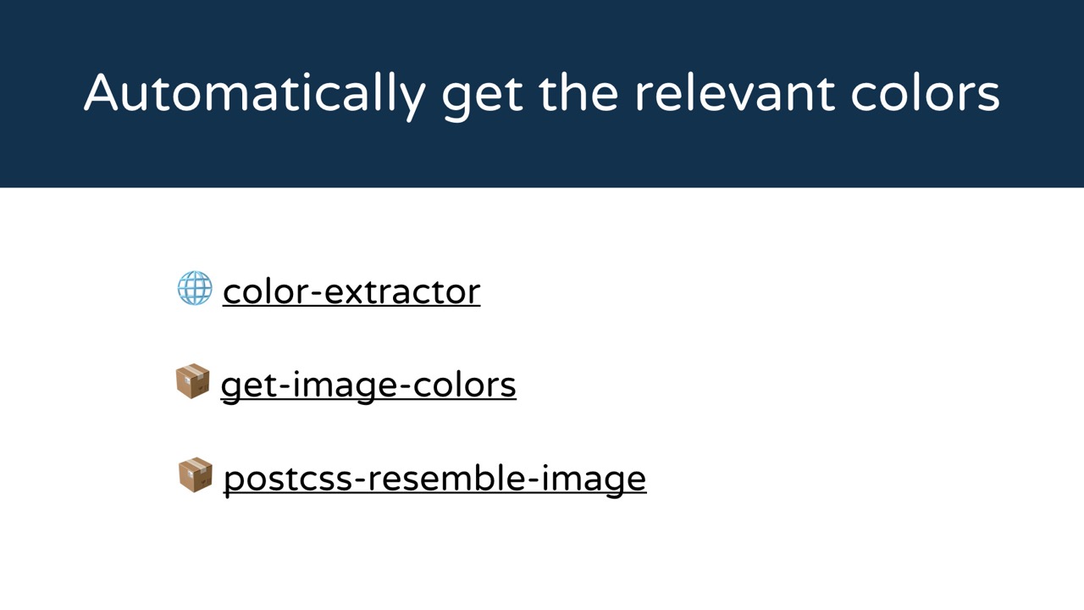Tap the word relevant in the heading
click(x=735, y=92)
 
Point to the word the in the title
click(x=578, y=92)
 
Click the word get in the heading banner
click(x=483, y=97)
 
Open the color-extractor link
click(x=351, y=292)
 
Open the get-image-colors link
click(x=368, y=386)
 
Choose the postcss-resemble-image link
click(x=435, y=480)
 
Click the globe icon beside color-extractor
click(x=195, y=288)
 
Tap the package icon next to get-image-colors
click(x=192, y=381)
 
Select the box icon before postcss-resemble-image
click(x=196, y=474)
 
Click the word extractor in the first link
click(x=402, y=292)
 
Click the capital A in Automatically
click(x=101, y=92)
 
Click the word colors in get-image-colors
click(x=464, y=385)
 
